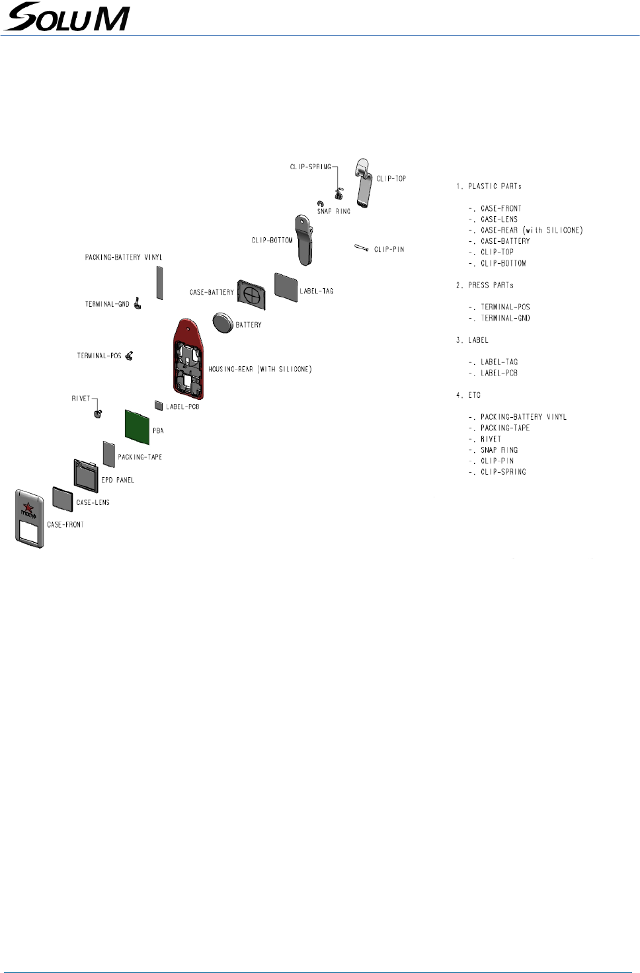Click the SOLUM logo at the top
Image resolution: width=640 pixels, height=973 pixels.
[x=66, y=17]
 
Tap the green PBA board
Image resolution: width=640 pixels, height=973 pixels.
[x=137, y=426]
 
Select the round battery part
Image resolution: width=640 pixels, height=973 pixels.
[x=223, y=323]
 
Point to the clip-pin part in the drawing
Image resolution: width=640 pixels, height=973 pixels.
[x=361, y=248]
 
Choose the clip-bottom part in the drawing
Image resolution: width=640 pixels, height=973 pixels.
[x=304, y=239]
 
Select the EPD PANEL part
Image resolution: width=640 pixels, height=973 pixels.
[x=86, y=474]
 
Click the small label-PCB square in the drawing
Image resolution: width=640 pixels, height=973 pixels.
[x=159, y=405]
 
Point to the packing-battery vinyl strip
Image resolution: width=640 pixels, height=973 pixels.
[x=159, y=284]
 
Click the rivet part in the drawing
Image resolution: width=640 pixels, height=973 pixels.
[x=98, y=414]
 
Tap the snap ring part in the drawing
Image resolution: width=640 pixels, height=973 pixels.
[x=320, y=204]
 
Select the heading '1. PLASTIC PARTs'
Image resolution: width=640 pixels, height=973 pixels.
[x=489, y=186]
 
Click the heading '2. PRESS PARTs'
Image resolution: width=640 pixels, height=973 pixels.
[x=485, y=286]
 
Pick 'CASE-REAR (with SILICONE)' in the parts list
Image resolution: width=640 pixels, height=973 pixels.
[x=532, y=230]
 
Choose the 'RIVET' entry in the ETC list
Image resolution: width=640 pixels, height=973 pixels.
[x=491, y=439]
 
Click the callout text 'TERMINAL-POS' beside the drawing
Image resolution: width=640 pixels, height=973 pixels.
[x=99, y=356]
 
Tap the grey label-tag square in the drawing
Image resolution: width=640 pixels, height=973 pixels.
[x=286, y=286]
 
